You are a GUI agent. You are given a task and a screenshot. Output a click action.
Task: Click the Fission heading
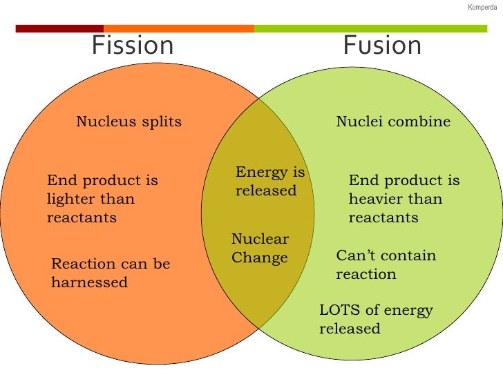(133, 46)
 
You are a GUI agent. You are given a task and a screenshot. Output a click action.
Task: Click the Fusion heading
(382, 46)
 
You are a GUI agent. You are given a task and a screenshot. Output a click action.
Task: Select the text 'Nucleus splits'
(129, 122)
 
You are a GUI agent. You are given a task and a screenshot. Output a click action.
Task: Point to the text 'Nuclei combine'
(392, 122)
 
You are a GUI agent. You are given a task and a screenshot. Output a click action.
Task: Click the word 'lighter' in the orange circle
(68, 200)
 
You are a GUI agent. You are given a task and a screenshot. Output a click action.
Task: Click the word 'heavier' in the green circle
(374, 200)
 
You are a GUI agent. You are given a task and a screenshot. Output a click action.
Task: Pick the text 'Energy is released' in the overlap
(269, 182)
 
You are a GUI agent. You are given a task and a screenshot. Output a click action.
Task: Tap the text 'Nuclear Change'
(260, 249)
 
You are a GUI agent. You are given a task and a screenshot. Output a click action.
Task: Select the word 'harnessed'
(89, 282)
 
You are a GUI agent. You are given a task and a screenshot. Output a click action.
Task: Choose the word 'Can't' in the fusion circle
(354, 255)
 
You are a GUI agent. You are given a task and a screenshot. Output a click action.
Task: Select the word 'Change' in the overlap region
(259, 258)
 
